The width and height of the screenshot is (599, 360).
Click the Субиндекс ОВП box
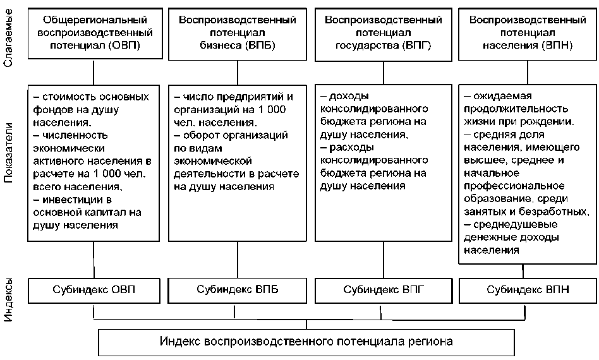[x=94, y=291]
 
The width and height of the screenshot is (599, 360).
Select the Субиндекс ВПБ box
[x=238, y=291]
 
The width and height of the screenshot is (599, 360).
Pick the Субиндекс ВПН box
[x=528, y=291]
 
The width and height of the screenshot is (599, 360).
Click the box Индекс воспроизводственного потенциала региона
[x=306, y=342]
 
